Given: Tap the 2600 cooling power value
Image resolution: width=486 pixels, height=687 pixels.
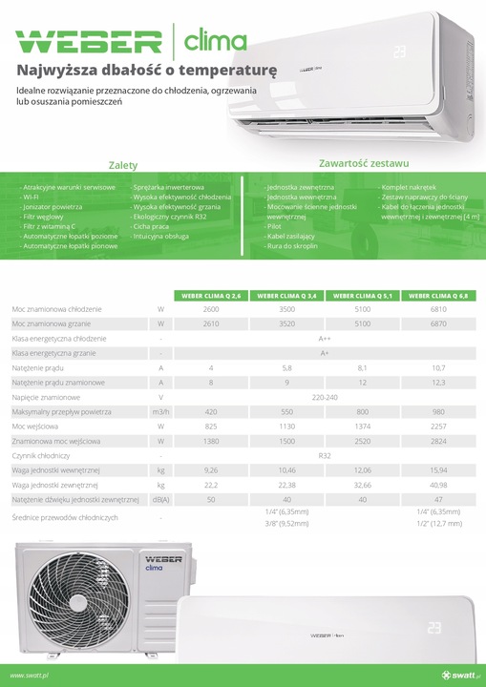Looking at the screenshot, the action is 210,310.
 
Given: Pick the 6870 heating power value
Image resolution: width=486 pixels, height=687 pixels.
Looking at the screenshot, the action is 439,324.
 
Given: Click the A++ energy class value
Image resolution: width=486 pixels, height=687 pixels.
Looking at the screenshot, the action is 325,339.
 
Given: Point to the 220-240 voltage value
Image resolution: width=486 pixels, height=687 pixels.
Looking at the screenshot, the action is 325,396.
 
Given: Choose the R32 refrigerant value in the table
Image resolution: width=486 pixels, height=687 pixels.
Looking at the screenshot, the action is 325,456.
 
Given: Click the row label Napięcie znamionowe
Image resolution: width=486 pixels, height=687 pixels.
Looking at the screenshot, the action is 46,396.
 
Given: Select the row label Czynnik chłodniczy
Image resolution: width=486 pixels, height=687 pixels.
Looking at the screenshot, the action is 41,456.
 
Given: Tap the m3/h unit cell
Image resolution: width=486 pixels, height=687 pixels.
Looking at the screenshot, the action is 161,411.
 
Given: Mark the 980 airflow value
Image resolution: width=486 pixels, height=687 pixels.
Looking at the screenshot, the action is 439,411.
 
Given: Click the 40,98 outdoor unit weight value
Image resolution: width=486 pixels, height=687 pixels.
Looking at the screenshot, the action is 439,486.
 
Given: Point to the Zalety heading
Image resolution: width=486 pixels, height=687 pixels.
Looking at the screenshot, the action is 122,165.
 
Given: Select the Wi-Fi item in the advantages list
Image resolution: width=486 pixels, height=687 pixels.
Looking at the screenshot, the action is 32,197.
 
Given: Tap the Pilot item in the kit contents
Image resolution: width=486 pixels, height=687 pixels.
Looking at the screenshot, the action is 275,226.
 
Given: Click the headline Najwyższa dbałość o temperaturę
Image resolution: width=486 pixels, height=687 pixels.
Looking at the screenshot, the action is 147,69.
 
